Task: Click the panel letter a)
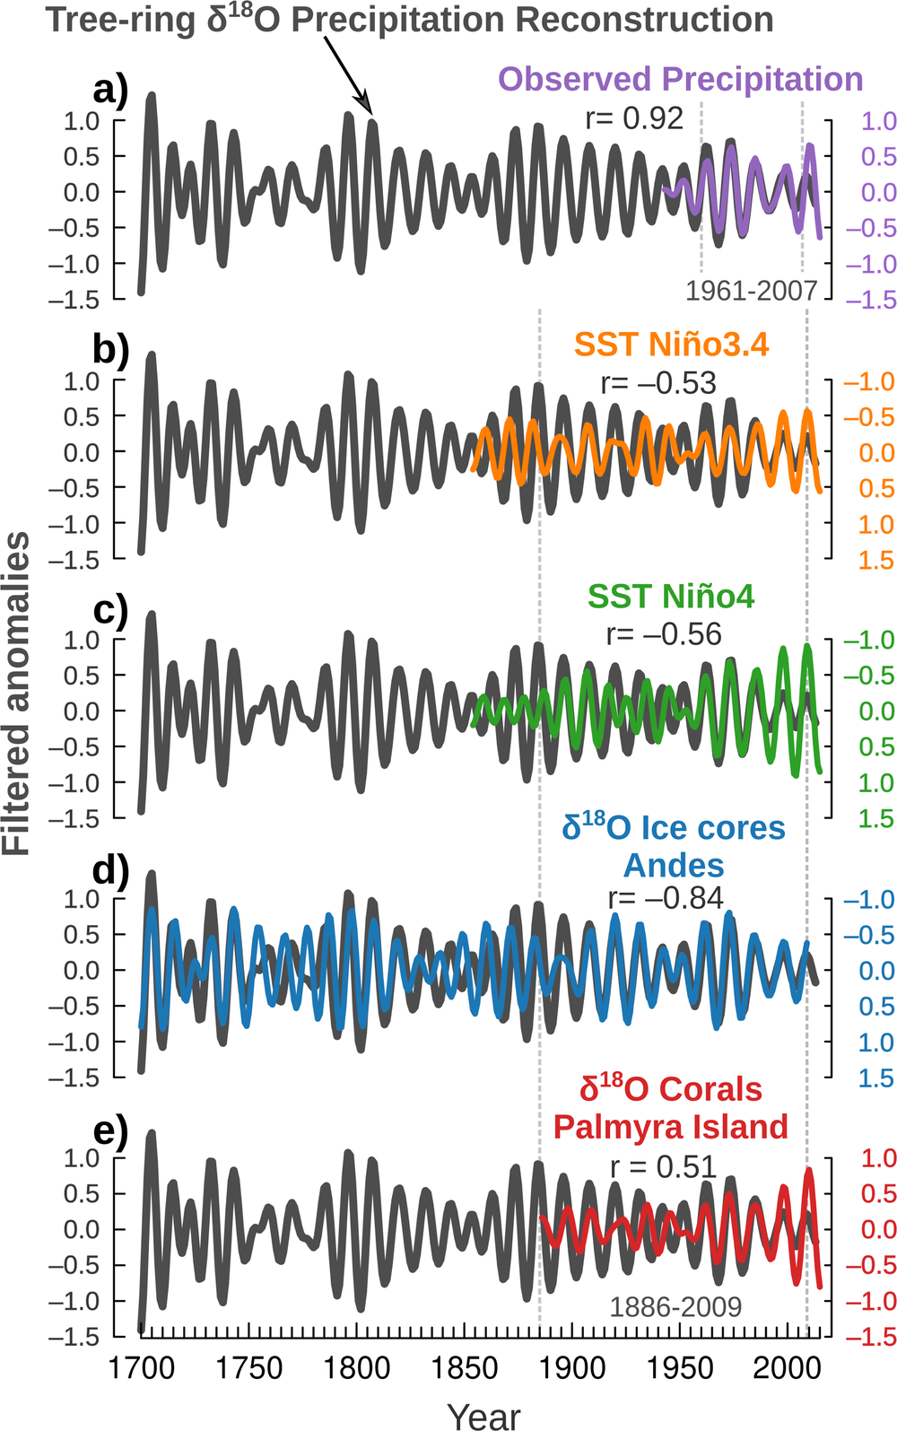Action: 110,91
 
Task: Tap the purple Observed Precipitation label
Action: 680,79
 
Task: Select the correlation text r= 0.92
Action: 633,118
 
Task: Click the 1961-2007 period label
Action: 751,290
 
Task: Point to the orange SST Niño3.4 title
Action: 671,345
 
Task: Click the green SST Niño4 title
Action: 671,596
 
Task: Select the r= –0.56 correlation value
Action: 664,634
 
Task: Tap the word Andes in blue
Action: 674,865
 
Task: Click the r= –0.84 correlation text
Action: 666,897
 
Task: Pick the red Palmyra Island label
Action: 670,1126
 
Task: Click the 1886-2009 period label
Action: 675,1307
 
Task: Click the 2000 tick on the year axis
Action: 787,1368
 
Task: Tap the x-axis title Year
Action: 483,1415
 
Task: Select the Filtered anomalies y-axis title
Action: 16,693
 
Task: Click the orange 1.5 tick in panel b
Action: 875,561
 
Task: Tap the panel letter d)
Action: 111,869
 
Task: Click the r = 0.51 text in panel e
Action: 663,1166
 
